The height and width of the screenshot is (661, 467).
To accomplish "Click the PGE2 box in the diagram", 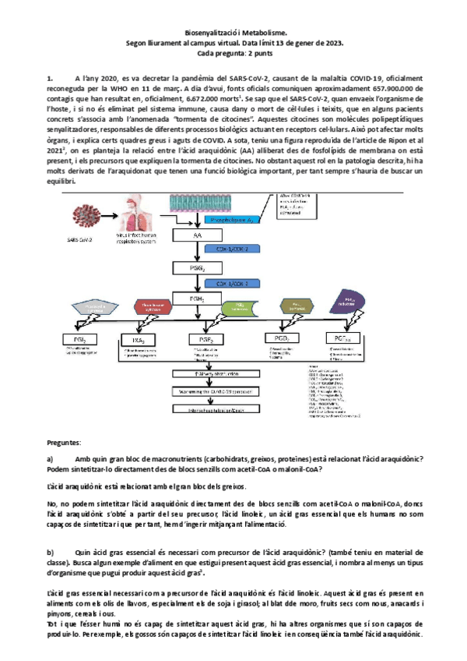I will click(x=205, y=340).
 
